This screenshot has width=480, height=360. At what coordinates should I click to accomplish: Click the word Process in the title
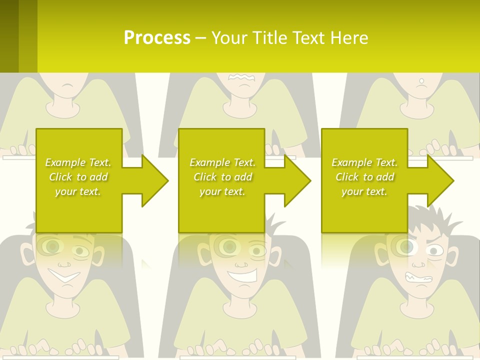pyautogui.click(x=157, y=38)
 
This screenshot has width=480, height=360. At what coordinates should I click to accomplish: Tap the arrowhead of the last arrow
pyautogui.click(x=439, y=180)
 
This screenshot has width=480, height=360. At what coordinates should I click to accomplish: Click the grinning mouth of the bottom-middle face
pyautogui.click(x=242, y=274)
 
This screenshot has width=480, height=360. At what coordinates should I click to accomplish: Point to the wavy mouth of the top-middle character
pyautogui.click(x=241, y=77)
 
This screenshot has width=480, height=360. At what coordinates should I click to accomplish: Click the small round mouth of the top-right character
pyautogui.click(x=421, y=80)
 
